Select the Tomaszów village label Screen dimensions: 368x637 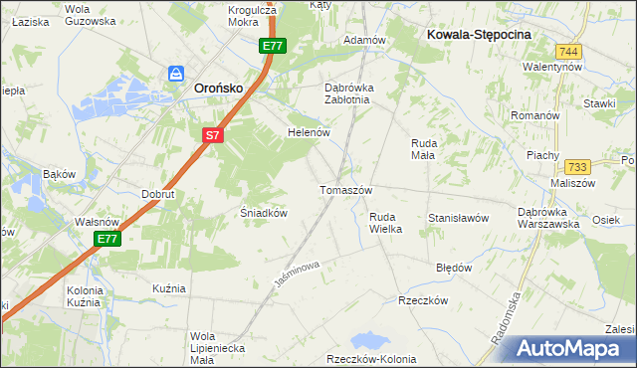click(345, 190)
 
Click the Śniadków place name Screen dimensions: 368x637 click(264, 213)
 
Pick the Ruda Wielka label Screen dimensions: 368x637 click(385, 223)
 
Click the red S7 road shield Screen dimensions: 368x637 click(212, 135)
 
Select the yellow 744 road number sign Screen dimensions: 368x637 click(568, 51)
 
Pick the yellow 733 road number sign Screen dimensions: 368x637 click(576, 168)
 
